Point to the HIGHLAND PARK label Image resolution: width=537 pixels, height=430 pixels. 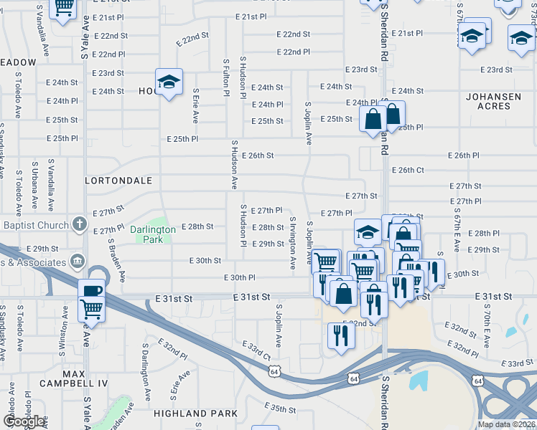195,414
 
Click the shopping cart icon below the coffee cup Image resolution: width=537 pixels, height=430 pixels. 93,309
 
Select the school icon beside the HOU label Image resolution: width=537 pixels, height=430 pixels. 169,82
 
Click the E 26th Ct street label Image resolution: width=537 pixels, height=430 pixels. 408,170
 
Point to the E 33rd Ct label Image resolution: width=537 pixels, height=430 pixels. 256,350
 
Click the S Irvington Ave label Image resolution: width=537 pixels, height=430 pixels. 293,242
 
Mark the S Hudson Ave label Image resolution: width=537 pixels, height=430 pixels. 234,164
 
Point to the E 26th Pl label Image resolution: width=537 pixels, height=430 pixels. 463,156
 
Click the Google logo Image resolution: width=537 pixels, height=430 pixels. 24,421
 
